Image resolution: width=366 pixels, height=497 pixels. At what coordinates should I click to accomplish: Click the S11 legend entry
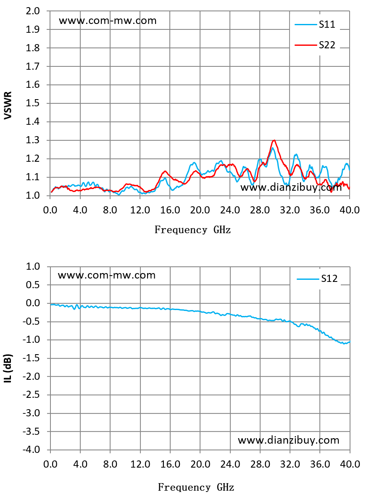coord(315,24)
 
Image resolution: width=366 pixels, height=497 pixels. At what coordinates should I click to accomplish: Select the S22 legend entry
coord(315,45)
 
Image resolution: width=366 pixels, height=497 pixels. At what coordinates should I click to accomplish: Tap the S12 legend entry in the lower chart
coord(317,279)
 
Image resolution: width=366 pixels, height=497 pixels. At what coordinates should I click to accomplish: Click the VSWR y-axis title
coord(8,105)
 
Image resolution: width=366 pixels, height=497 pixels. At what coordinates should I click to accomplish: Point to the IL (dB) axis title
coord(8,368)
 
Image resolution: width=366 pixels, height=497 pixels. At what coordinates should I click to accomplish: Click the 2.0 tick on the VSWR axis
coord(33,11)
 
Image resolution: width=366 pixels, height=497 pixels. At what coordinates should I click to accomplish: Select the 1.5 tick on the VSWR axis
coord(33,103)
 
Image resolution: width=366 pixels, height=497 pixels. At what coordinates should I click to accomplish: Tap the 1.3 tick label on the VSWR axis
coord(33,140)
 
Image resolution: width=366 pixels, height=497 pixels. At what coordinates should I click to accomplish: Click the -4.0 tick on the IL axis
coord(32,450)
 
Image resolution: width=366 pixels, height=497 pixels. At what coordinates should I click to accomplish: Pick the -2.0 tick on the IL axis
coord(32,376)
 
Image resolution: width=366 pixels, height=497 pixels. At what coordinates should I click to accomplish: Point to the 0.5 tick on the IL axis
coord(33,285)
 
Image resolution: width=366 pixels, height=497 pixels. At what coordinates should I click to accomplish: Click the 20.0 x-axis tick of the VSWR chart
coord(200,210)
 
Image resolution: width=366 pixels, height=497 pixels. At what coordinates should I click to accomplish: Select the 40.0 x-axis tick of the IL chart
coord(350,464)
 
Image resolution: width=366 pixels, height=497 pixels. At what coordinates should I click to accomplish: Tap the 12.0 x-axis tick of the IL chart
coord(140,464)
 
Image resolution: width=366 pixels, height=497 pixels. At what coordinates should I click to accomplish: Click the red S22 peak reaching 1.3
coord(274,140)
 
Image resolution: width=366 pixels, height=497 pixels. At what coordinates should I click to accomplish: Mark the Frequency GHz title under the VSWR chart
coord(192,229)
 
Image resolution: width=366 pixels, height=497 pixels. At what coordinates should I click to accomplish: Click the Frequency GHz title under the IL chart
coord(196,487)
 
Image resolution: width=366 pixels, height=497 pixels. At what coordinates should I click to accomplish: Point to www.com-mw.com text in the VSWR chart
coord(108,21)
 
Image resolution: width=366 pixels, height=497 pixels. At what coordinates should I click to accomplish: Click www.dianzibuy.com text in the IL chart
coord(288,440)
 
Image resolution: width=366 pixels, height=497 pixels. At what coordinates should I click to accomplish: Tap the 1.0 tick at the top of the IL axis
coord(33,266)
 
